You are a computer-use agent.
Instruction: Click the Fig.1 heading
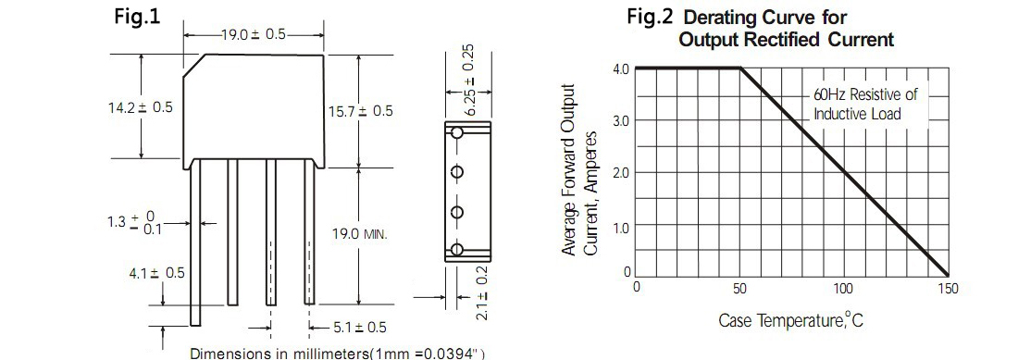137,17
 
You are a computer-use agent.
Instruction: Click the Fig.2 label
650,17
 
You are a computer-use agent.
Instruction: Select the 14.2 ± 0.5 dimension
141,107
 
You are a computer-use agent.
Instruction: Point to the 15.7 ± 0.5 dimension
360,111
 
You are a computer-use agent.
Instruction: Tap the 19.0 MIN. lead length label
360,233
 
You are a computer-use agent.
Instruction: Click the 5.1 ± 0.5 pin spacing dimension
360,328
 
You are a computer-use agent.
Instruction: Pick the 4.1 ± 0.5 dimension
157,272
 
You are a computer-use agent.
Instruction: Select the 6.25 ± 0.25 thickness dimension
471,80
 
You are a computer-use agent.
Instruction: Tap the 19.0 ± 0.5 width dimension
254,34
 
